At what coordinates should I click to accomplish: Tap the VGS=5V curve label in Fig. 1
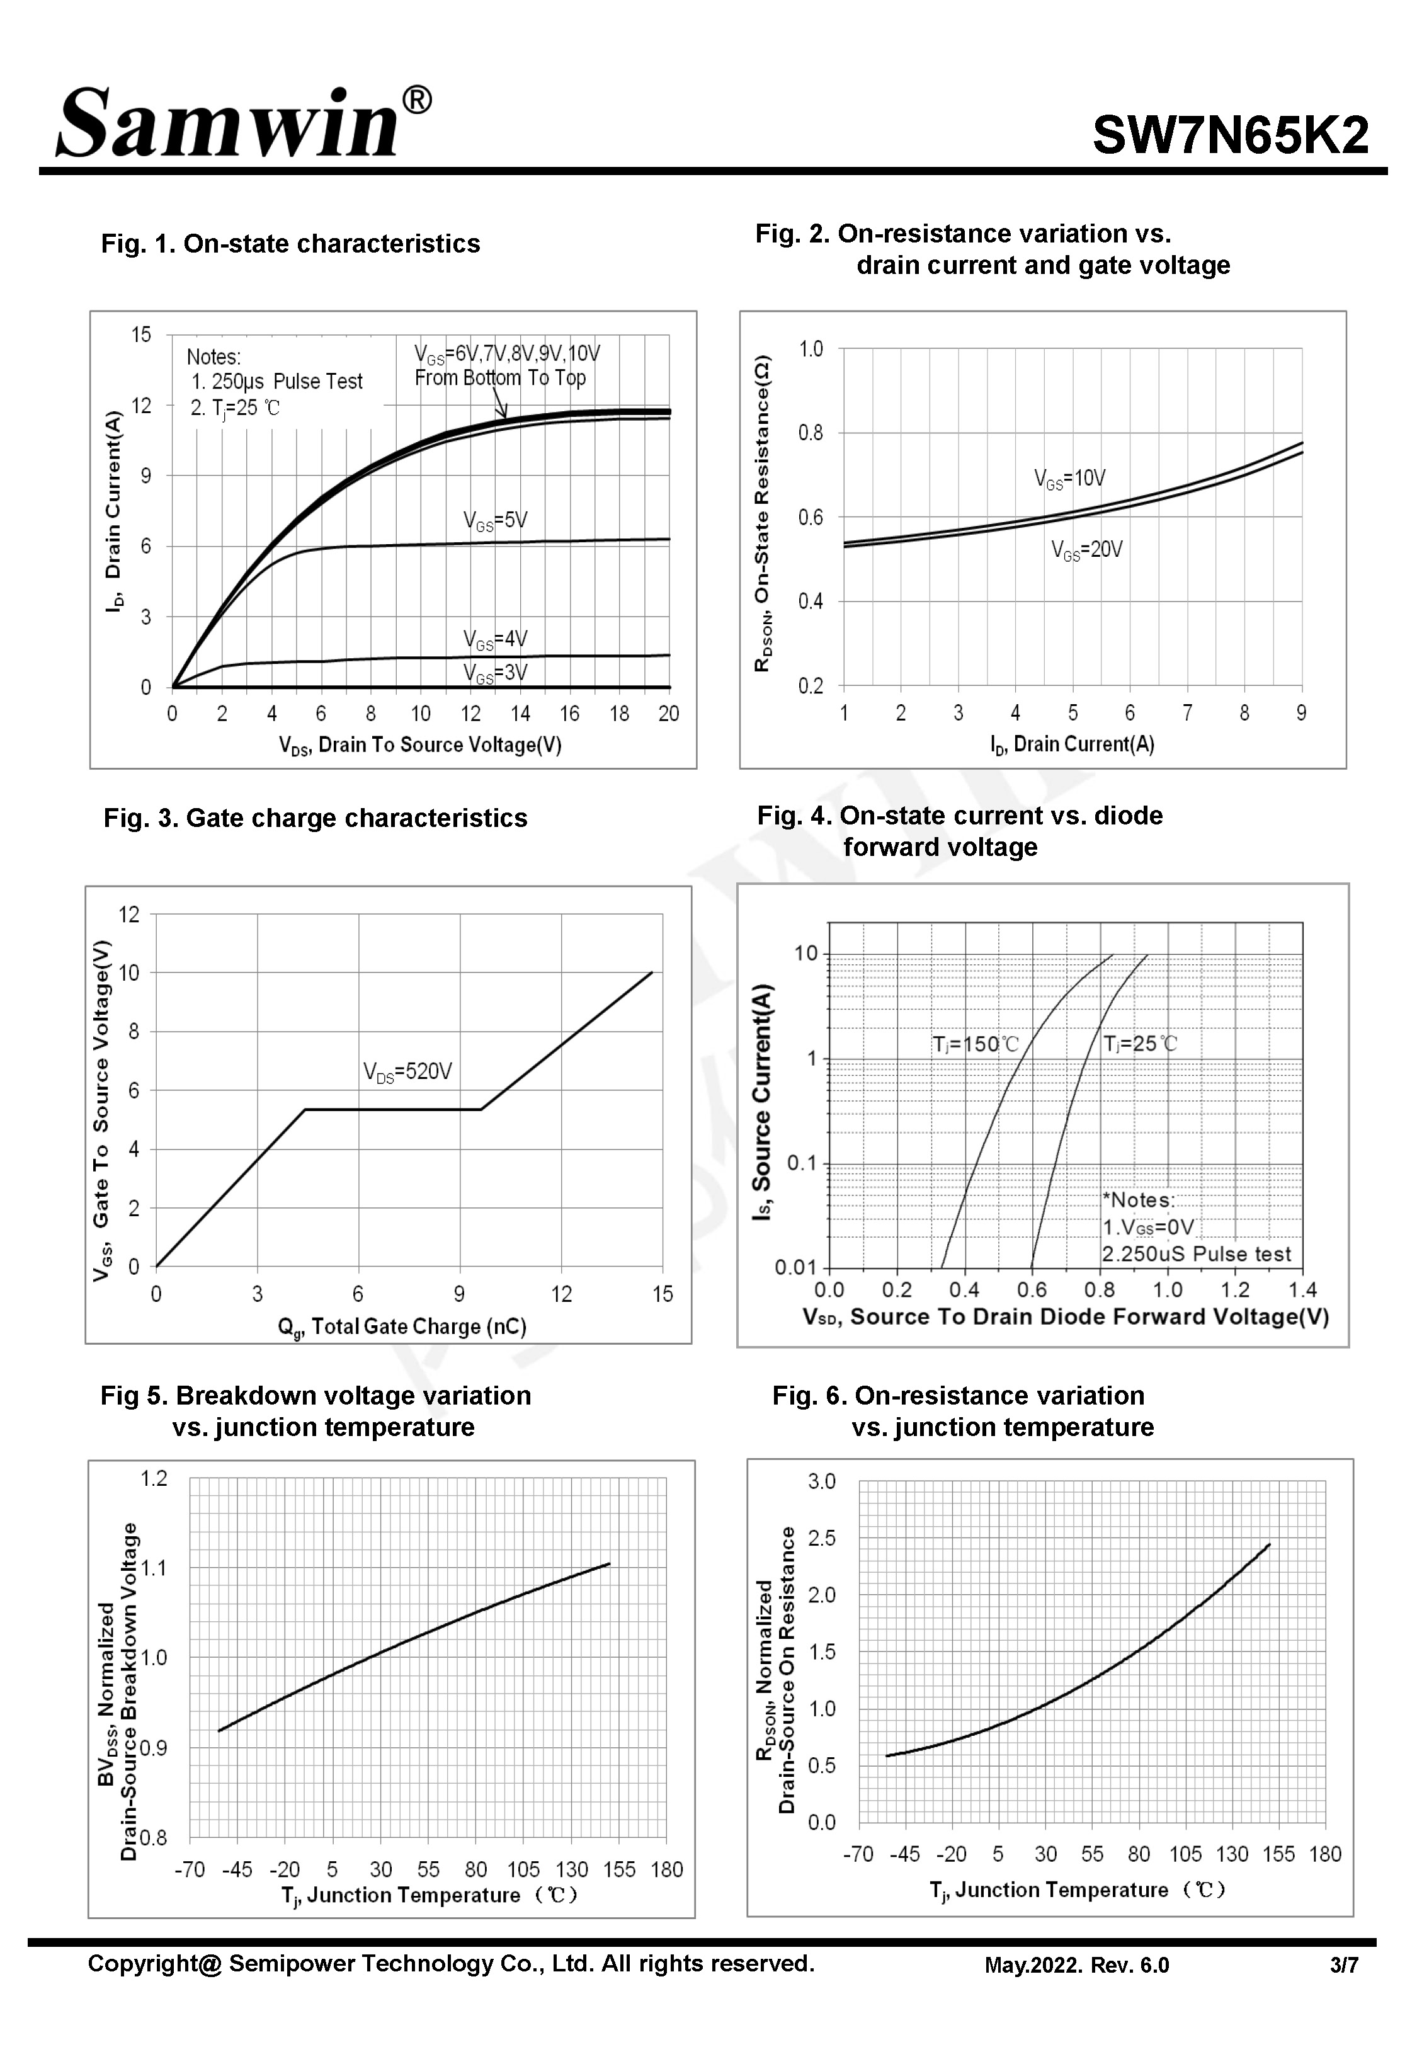point(494,521)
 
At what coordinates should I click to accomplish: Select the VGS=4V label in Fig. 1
point(494,639)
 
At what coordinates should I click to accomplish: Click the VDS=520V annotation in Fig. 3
point(407,1073)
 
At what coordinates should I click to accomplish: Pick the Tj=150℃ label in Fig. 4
point(975,1044)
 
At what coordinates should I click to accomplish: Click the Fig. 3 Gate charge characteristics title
point(315,818)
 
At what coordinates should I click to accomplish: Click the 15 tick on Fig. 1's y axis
point(141,334)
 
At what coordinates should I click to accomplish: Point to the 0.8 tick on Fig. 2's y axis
point(811,433)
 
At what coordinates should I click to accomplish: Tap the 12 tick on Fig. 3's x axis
point(561,1294)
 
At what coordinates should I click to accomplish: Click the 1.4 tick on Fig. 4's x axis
point(1302,1290)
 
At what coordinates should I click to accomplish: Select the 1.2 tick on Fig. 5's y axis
point(154,1478)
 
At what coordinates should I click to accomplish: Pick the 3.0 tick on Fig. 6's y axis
point(821,1481)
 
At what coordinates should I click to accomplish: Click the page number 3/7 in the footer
point(1343,1965)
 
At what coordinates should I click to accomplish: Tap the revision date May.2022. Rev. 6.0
point(1076,1965)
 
